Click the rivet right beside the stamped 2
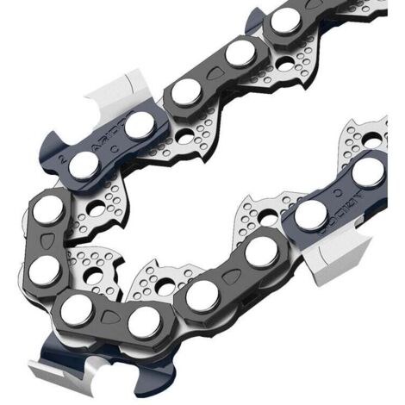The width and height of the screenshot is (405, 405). (x=83, y=165)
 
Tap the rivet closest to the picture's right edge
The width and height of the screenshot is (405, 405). (x=368, y=170)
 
